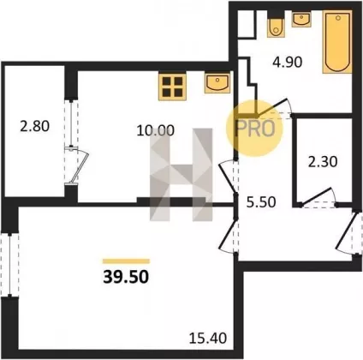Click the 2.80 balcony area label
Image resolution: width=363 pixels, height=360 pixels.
35,126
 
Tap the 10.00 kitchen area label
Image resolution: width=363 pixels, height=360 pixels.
155,130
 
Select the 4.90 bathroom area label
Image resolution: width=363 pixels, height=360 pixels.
287,62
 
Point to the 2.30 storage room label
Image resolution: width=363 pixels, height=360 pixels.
323,162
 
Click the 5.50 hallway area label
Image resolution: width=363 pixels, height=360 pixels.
261,202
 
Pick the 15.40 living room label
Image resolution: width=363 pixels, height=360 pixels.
208,339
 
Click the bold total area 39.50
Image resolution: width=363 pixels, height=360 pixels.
126,277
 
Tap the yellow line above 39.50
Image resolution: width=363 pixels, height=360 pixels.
126,261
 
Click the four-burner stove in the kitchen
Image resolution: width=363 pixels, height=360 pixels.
172,87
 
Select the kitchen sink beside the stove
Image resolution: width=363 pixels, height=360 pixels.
217,82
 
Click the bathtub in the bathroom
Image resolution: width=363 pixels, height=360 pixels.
337,42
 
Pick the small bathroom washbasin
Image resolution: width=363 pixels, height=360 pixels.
301,20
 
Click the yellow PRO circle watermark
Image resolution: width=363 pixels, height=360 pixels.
254,129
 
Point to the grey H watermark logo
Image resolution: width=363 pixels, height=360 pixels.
181,175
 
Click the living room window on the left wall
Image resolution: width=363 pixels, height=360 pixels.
10,265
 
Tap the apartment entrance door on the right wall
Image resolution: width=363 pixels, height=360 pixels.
348,232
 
